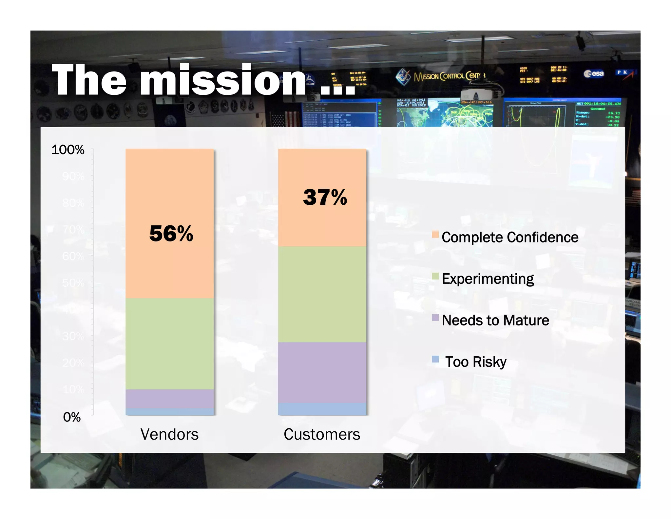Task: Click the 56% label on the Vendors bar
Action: [171, 234]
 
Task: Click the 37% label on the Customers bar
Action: [325, 197]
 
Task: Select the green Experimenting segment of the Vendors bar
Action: [170, 343]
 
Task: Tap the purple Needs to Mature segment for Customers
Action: [322, 372]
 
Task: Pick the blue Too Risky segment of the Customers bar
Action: [322, 409]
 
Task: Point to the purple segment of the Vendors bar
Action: [170, 399]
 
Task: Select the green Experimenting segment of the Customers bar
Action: [322, 294]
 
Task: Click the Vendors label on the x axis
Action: [169, 434]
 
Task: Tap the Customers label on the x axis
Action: [322, 434]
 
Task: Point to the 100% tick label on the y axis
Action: [68, 150]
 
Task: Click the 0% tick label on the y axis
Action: [72, 417]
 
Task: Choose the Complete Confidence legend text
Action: [510, 237]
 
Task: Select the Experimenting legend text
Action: [488, 279]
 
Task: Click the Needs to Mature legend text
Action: [495, 320]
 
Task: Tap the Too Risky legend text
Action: [476, 362]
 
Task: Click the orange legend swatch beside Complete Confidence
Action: [435, 234]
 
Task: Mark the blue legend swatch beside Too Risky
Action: [435, 359]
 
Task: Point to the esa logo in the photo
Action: [594, 73]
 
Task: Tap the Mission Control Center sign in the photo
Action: [442, 76]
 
